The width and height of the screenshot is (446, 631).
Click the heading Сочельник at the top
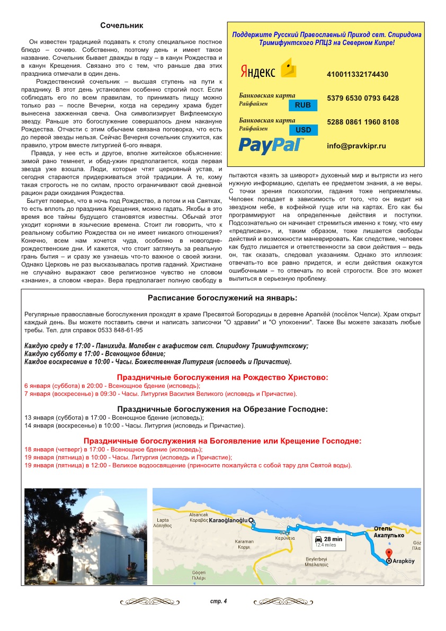tap(122, 25)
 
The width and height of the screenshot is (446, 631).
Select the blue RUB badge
tap(303, 105)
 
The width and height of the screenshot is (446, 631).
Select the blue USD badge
tap(303, 130)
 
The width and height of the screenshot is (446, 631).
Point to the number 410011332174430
tap(358, 75)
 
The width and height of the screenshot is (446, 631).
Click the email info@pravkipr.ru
tap(356, 146)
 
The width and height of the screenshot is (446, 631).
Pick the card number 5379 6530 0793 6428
tap(363, 99)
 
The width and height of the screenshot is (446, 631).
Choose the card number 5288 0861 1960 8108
tap(363, 122)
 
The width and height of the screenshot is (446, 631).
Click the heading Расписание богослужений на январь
tap(222, 298)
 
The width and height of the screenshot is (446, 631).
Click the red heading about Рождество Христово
tap(222, 377)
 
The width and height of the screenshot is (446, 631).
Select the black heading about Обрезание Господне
tap(222, 409)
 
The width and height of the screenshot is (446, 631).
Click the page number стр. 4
tap(218, 601)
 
